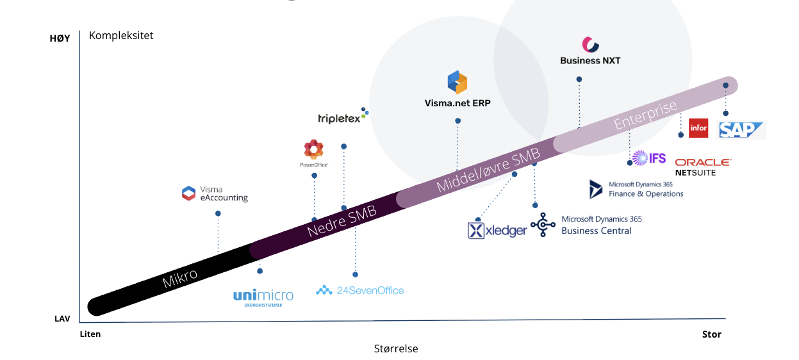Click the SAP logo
pos(742,130)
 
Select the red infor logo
pos(698,128)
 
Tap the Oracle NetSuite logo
pos(702,167)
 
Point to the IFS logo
pos(649,158)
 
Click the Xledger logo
pos(497,230)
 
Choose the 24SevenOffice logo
pos(360,290)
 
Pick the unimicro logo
pos(263,297)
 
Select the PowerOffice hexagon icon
pos(313,149)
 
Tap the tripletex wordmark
pos(340,119)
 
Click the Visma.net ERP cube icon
pos(457,83)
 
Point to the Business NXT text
pos(590,61)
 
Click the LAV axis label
pos(62,318)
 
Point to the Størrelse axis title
pos(396,348)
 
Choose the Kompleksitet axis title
pos(121,35)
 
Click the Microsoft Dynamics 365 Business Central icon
pos(543,225)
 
